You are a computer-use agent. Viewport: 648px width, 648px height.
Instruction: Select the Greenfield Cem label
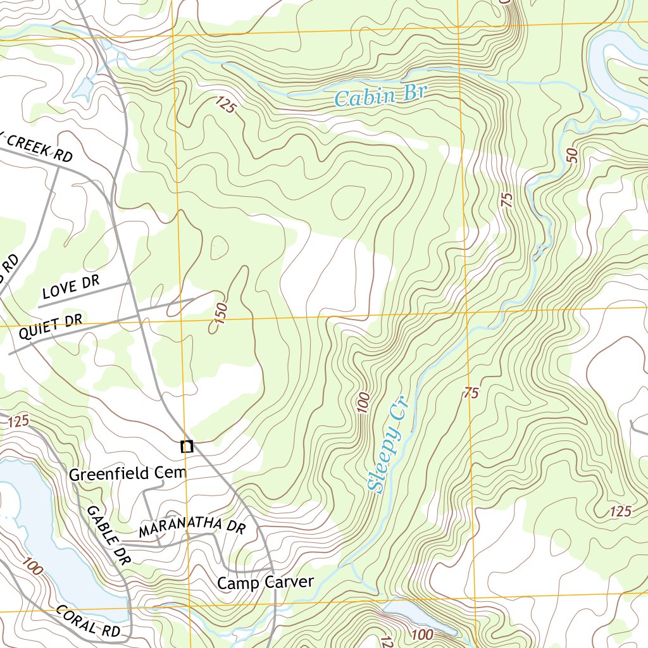(128, 473)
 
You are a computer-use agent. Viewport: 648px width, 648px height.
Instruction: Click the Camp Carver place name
(265, 582)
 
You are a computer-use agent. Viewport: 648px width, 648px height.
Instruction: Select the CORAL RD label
(87, 620)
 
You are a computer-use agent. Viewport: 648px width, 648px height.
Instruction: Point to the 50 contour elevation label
(573, 156)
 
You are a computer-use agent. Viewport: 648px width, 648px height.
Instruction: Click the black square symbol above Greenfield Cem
(187, 447)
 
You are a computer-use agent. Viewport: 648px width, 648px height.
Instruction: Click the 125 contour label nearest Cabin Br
(225, 105)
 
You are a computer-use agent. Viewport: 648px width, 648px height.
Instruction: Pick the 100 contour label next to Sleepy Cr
(363, 402)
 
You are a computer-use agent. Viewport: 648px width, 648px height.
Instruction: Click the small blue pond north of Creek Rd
(83, 89)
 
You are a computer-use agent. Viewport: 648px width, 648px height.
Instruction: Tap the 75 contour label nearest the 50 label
(506, 199)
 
